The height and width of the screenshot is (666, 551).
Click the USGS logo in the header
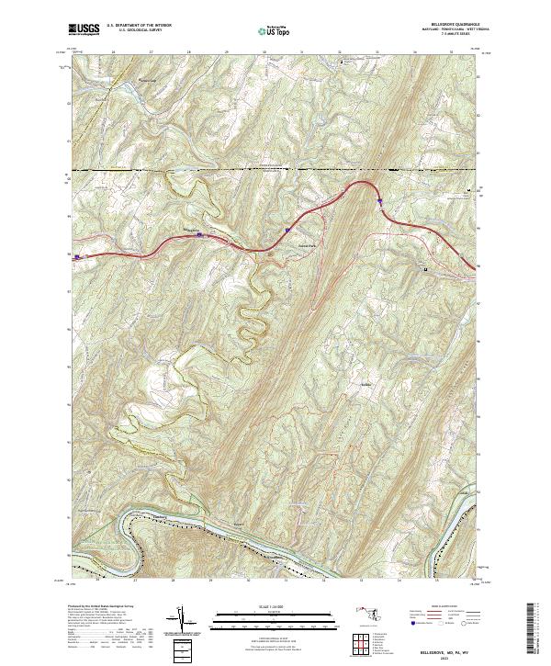click(84, 29)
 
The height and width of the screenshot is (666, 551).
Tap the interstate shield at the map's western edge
click(78, 257)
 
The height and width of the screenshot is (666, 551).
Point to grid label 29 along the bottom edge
click(210, 581)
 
